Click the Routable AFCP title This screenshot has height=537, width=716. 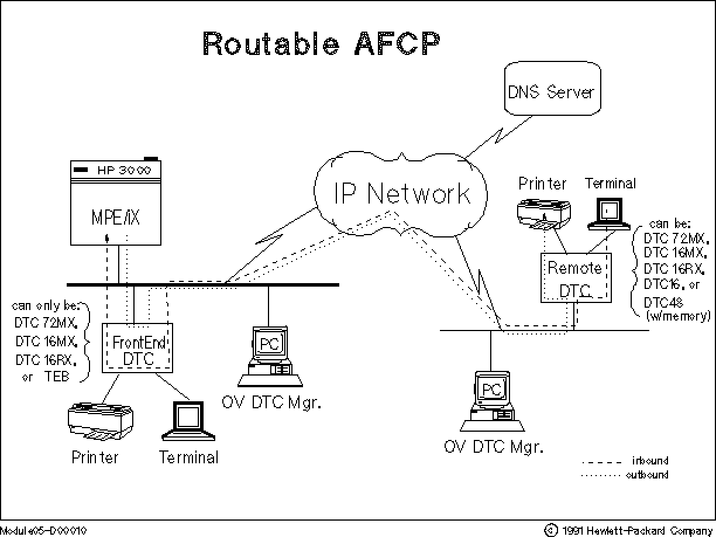point(321,44)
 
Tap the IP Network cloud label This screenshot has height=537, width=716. point(402,193)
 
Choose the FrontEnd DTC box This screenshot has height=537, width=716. point(139,349)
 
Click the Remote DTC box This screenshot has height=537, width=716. point(574,278)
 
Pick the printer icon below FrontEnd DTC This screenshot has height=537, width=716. point(100,419)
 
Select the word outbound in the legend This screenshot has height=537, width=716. point(647,475)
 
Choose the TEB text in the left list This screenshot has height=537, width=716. point(57,377)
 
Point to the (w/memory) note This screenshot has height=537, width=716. point(678,316)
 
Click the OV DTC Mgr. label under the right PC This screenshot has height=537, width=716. point(493,447)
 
